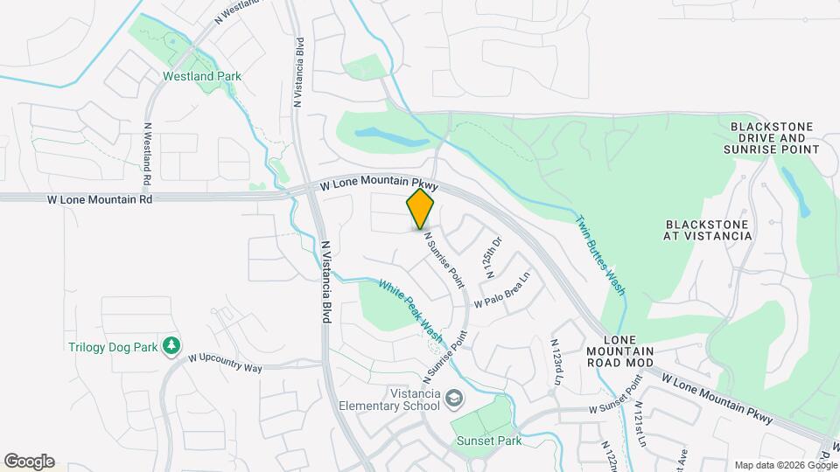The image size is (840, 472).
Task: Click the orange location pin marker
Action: pyautogui.click(x=420, y=211)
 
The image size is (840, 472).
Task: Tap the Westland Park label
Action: pyautogui.click(x=202, y=76)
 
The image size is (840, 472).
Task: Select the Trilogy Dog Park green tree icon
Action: pyautogui.click(x=171, y=347)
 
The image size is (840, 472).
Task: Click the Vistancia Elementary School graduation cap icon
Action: pyautogui.click(x=454, y=399)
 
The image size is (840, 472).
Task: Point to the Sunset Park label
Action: pyautogui.click(x=489, y=441)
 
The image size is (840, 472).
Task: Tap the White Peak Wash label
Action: pyautogui.click(x=410, y=311)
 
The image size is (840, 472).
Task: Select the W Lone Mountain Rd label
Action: pyautogui.click(x=101, y=199)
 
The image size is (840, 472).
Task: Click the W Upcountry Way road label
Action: pyautogui.click(x=225, y=362)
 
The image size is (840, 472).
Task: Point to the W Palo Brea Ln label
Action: pyautogui.click(x=502, y=293)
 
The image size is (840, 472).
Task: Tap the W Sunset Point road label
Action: pyautogui.click(x=616, y=396)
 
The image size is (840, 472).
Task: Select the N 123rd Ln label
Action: pyautogui.click(x=556, y=359)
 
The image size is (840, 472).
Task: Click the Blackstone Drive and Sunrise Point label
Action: pyautogui.click(x=772, y=138)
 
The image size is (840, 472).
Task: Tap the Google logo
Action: pyautogui.click(x=29, y=461)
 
